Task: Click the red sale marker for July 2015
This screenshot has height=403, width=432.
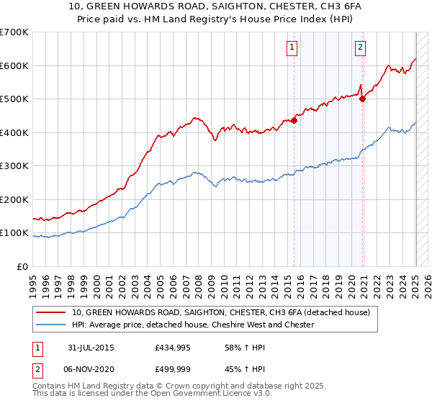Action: coord(294,121)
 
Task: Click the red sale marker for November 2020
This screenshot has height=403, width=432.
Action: coord(362,99)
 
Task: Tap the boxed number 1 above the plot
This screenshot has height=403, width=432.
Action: coord(292,48)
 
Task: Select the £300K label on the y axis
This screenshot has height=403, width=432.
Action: coord(14,166)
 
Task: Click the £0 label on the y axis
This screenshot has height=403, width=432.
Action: coord(22,266)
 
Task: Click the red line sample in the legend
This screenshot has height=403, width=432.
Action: coord(50,312)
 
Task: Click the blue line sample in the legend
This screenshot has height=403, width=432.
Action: coord(50,325)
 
